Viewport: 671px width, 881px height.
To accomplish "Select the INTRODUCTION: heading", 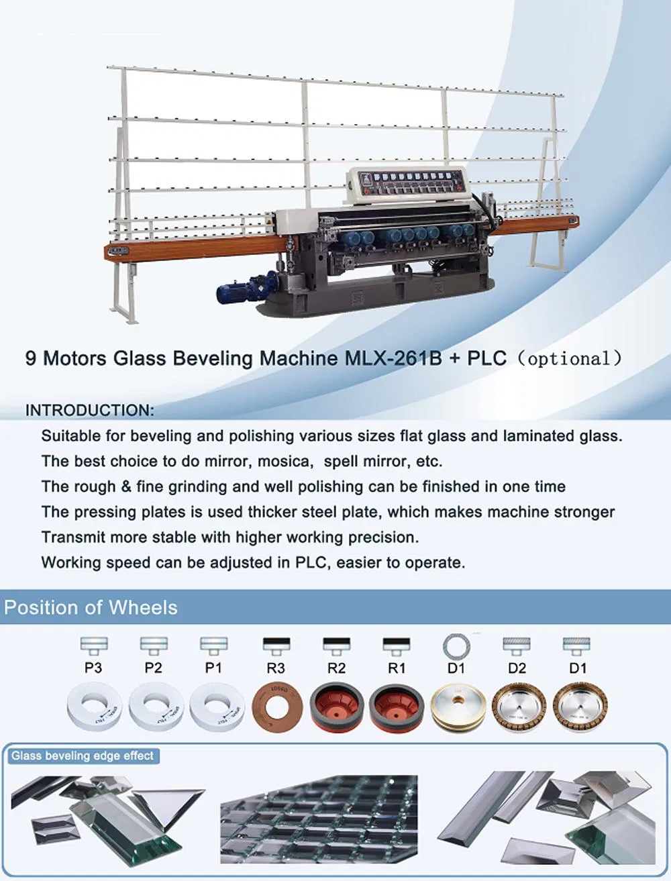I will pyautogui.click(x=90, y=410).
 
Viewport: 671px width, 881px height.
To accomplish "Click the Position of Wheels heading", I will pyautogui.click(x=91, y=608).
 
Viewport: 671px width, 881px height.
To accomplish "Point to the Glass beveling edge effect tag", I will pyautogui.click(x=83, y=756).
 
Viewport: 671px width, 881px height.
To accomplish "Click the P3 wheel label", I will pyautogui.click(x=93, y=668).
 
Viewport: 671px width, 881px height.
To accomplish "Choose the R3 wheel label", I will pyautogui.click(x=275, y=668).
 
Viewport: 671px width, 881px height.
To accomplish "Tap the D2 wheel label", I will pyautogui.click(x=517, y=668).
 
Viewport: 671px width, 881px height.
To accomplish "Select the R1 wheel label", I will pyautogui.click(x=396, y=668).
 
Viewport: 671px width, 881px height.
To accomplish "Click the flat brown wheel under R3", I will pyautogui.click(x=275, y=707).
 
